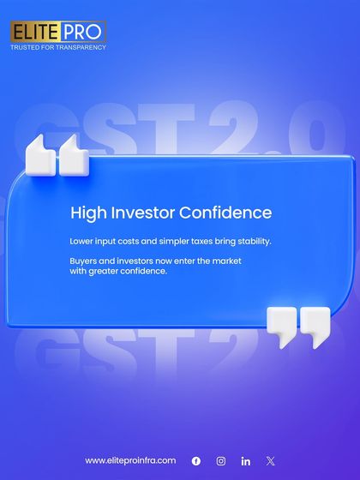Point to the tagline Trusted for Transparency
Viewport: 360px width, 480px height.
click(58, 47)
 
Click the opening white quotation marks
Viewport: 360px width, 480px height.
click(57, 154)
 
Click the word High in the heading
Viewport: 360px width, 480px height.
click(86, 212)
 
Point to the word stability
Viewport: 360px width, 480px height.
click(251, 241)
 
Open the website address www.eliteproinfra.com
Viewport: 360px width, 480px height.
click(130, 460)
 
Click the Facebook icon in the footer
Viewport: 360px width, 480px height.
click(196, 460)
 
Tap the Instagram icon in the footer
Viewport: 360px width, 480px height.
click(221, 460)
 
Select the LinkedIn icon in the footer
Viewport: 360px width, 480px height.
click(246, 460)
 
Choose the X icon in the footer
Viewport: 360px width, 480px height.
click(271, 460)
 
